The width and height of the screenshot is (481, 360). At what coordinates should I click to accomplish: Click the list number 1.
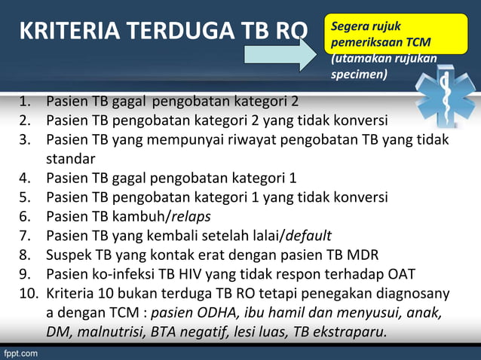25,102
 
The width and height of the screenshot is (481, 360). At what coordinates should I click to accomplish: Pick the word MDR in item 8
361,255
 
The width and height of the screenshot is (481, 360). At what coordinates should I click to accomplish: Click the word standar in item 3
70,159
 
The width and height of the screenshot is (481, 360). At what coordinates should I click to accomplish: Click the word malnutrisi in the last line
110,331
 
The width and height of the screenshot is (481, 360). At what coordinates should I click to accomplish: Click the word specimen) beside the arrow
359,75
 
